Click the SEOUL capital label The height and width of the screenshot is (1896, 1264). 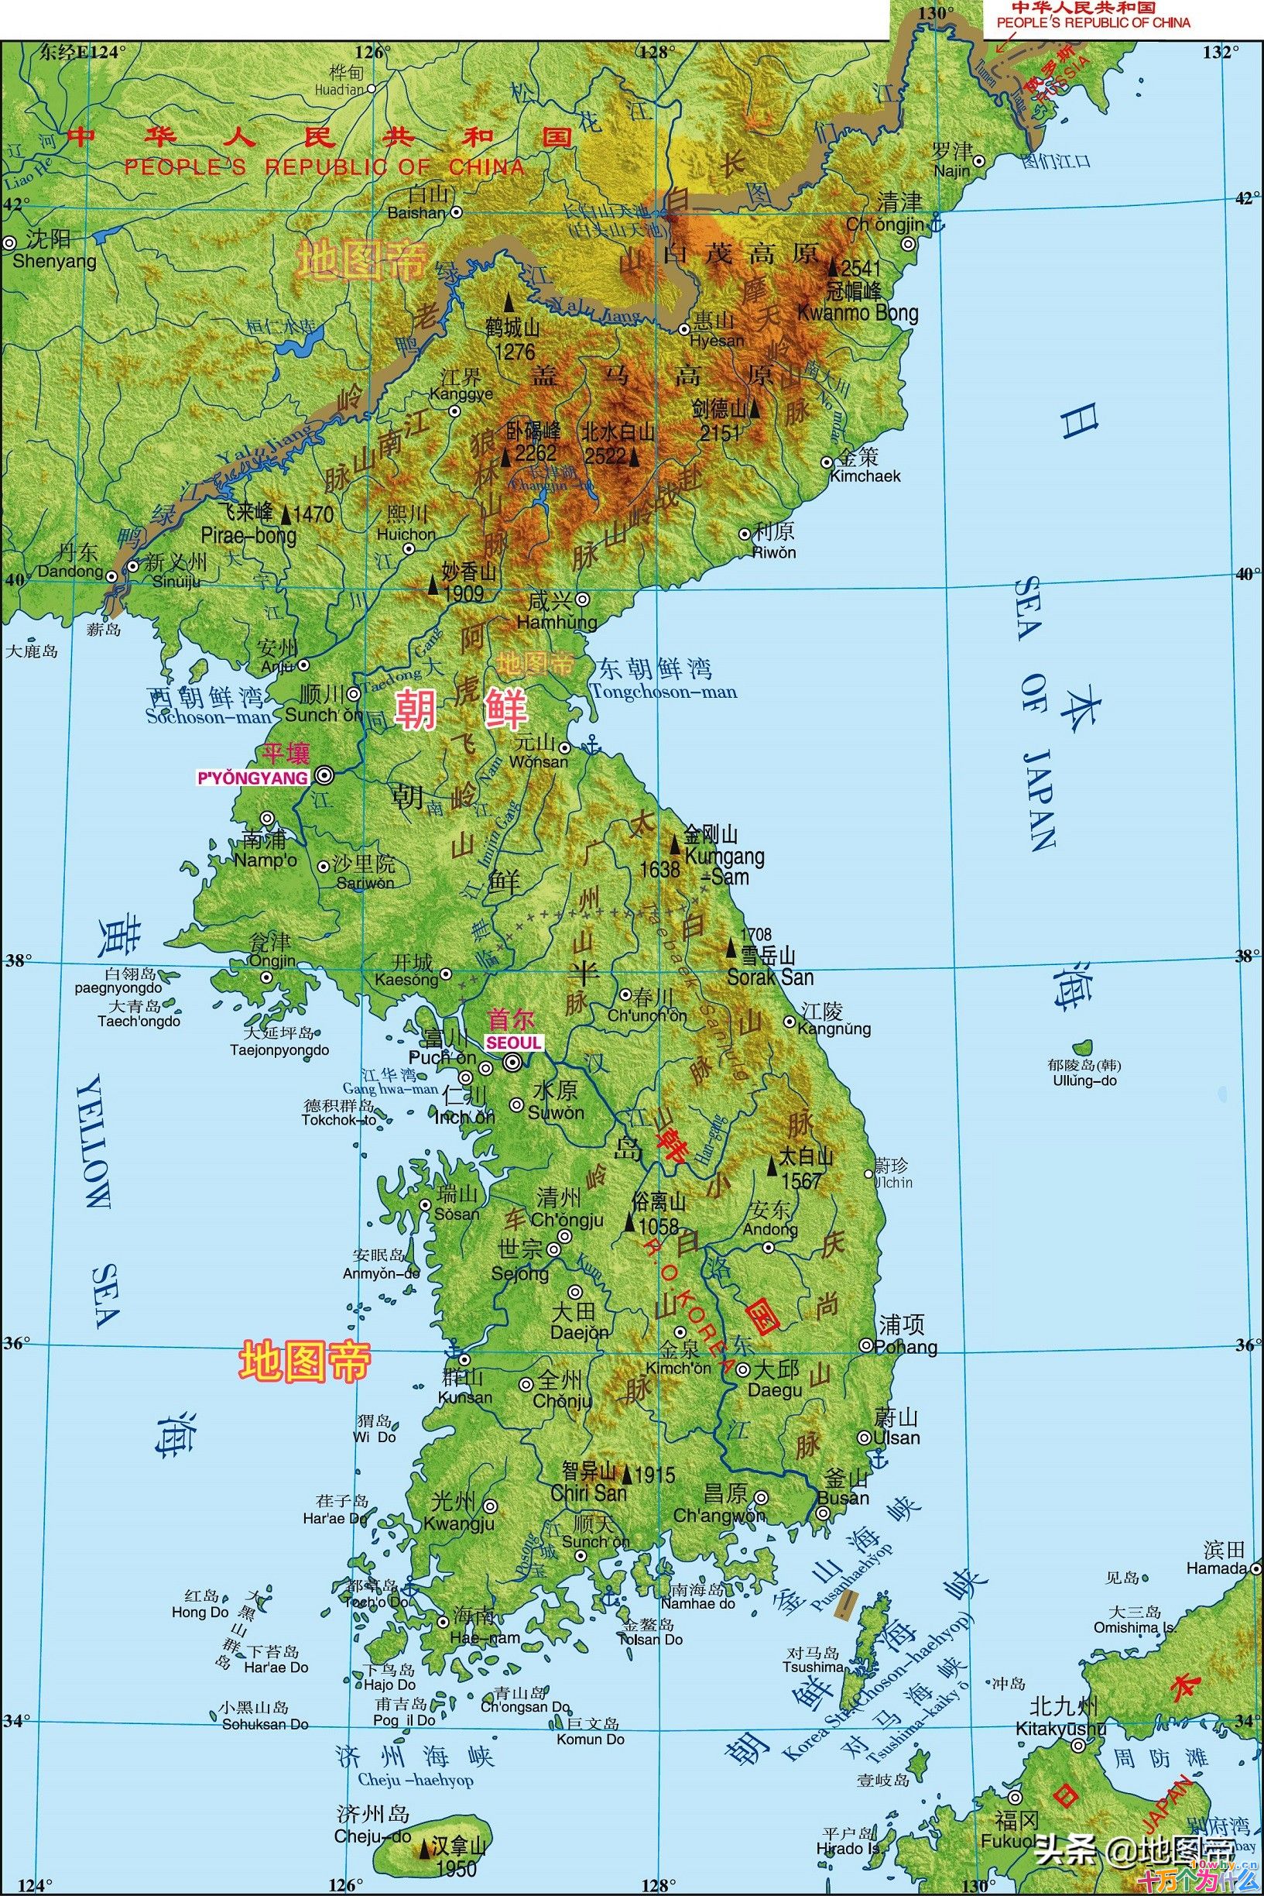pyautogui.click(x=512, y=1042)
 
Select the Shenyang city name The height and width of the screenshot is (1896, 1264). pyautogui.click(x=55, y=261)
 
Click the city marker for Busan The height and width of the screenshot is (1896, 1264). pyautogui.click(x=822, y=1513)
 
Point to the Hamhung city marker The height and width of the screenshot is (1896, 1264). pyautogui.click(x=582, y=599)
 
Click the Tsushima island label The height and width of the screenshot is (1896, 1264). pyautogui.click(x=813, y=1667)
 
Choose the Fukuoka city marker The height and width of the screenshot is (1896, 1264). pyautogui.click(x=1015, y=1775)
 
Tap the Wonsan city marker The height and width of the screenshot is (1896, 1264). pyautogui.click(x=565, y=747)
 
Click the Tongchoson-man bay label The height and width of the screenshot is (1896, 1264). pyautogui.click(x=663, y=692)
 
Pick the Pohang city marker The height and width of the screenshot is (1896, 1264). pyautogui.click(x=865, y=1345)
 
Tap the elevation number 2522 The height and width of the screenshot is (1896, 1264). pyautogui.click(x=605, y=456)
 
